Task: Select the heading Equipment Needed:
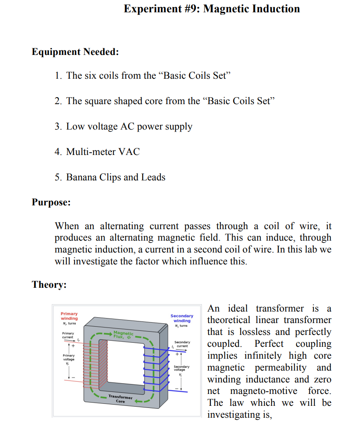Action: point(75,52)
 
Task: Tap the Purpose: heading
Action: point(51,203)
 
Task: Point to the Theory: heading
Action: point(49,285)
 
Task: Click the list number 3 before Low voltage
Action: point(58,127)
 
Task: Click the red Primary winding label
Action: point(69,316)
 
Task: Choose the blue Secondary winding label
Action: point(182,318)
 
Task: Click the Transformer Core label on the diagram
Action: point(120,399)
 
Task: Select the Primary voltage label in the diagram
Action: point(68,357)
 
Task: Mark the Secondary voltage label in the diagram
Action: point(181,368)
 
